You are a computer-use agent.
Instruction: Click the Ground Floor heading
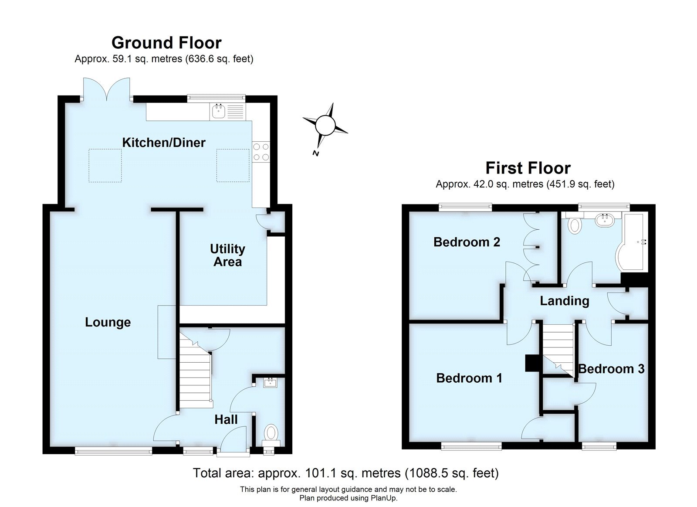pos(166,43)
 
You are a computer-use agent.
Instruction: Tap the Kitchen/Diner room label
pos(163,143)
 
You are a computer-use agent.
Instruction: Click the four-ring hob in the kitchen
pos(261,152)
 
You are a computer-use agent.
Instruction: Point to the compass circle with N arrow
pos(325,125)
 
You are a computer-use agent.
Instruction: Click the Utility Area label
pos(227,255)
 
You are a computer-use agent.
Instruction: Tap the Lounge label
pos(108,322)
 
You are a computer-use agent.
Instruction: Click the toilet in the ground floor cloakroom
pos(272,433)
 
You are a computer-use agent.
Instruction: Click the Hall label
pos(226,419)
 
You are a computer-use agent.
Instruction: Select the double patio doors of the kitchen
pos(107,89)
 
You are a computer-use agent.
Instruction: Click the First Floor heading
pos(528,168)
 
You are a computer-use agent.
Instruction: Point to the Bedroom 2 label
pos(467,242)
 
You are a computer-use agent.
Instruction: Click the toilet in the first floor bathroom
pos(575,224)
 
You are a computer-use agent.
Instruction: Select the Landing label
pos(564,301)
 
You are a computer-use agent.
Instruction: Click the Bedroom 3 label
pos(611,369)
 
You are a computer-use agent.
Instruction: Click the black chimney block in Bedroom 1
pos(532,363)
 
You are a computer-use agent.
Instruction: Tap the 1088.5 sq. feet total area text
pos(452,473)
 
